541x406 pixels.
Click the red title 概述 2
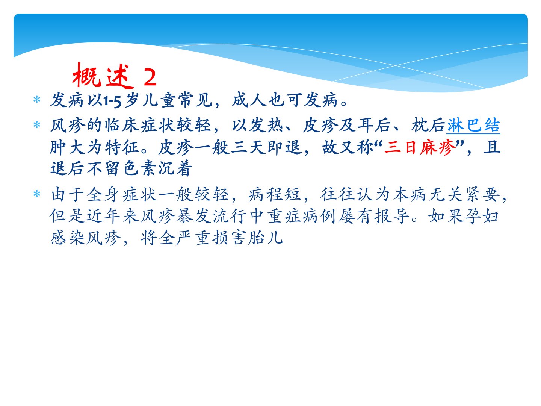point(115,75)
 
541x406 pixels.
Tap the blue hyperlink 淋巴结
point(473,125)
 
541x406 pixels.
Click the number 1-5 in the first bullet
point(112,101)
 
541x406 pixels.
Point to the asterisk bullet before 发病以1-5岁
point(37,100)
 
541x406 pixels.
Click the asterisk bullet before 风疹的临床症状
point(37,124)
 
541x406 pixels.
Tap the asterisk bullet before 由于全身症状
point(37,194)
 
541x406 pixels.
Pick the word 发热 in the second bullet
point(266,125)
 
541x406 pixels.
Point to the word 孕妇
point(482,216)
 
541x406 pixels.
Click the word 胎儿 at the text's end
point(265,238)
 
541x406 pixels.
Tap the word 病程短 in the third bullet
point(274,194)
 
